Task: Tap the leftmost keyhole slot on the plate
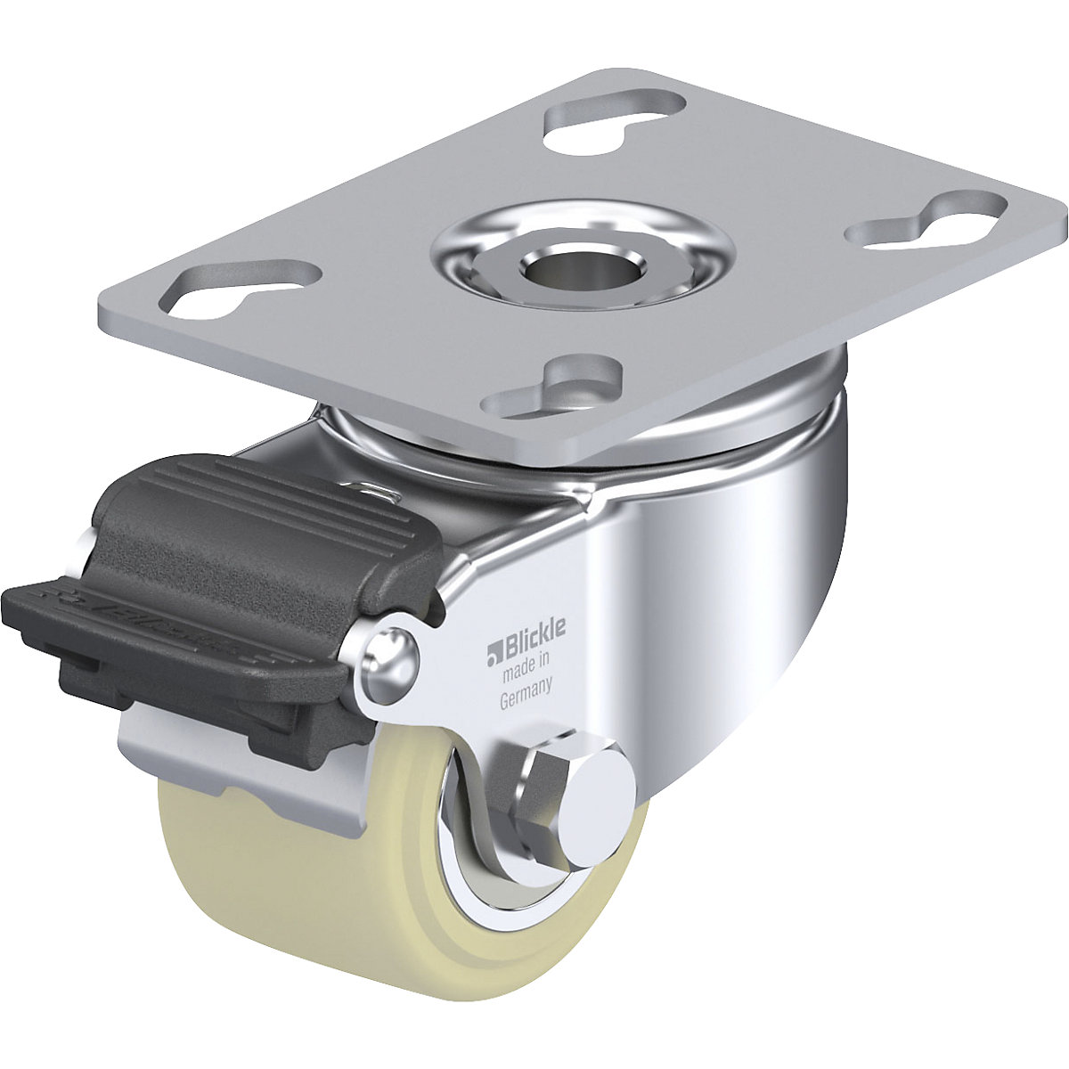click(x=241, y=288)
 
